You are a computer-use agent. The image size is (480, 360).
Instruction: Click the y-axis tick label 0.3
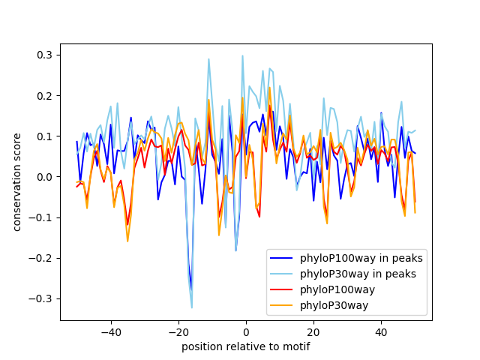45,55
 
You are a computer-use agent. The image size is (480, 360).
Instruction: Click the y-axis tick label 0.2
45,96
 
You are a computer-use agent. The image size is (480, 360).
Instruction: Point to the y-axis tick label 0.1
45,136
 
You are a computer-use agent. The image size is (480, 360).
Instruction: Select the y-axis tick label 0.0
45,177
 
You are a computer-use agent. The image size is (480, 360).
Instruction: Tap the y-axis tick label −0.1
42,217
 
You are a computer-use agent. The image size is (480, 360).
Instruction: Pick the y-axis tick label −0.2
42,258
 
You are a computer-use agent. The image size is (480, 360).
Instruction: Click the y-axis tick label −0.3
42,298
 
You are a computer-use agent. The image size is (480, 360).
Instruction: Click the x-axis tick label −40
110,331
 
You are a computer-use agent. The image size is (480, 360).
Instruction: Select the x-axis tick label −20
178,331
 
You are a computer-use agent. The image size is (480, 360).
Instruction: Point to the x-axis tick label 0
246,331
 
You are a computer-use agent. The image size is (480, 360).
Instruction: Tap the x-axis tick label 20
313,331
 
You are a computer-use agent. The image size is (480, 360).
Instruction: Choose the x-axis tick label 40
381,331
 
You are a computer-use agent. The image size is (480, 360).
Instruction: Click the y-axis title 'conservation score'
17,182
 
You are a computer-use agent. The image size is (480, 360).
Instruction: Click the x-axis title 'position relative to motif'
245,346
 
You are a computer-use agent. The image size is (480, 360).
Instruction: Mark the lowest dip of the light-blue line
192,307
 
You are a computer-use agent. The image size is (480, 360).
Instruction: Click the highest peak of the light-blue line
242,55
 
